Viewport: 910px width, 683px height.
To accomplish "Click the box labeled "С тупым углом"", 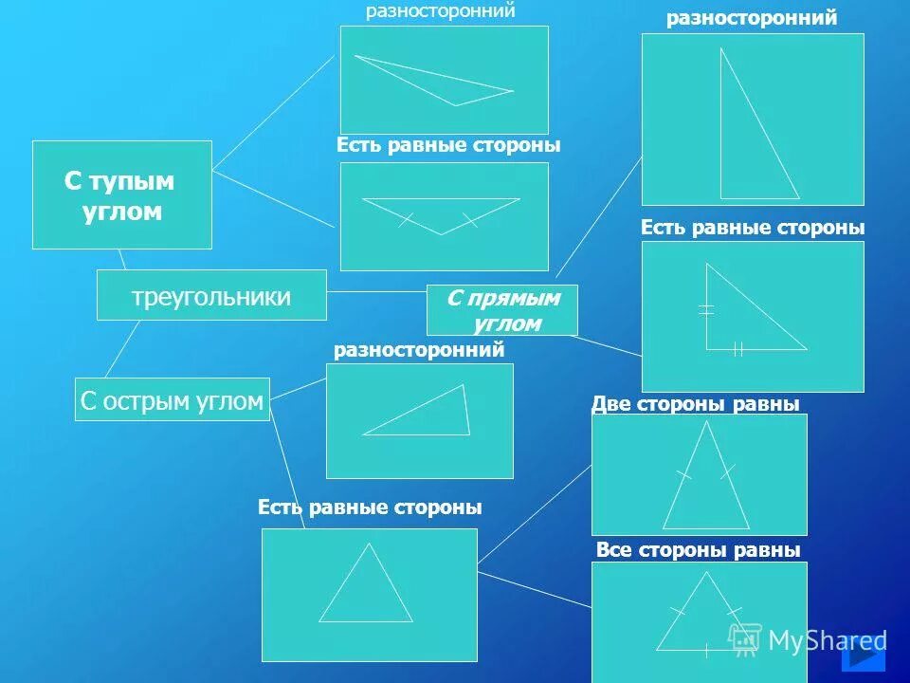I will [122, 194].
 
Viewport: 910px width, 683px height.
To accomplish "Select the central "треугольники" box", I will [211, 295].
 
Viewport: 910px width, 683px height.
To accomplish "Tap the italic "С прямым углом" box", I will [501, 310].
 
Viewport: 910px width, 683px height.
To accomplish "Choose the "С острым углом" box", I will [172, 399].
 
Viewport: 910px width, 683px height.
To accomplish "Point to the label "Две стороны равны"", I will [696, 404].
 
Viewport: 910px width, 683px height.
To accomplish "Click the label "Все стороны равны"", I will [699, 550].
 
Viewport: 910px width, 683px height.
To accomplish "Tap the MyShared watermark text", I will [827, 640].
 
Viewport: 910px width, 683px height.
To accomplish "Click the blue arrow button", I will [864, 654].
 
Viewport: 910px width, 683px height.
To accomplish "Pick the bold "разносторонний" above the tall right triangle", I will [752, 18].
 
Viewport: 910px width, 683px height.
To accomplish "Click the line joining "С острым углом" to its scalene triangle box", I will [298, 389].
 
